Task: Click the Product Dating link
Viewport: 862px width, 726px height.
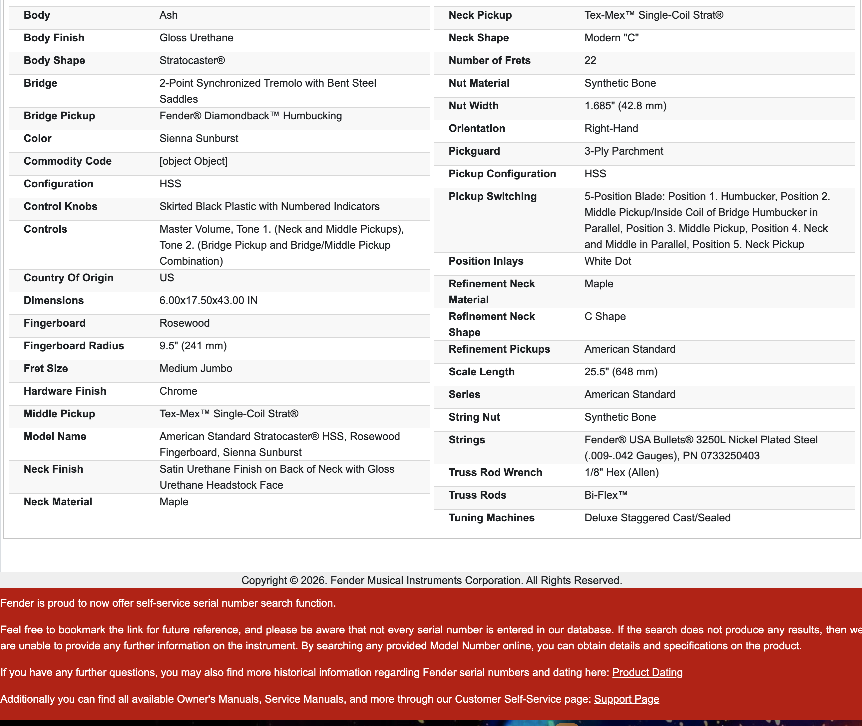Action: point(647,672)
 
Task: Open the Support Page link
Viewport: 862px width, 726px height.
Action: point(626,699)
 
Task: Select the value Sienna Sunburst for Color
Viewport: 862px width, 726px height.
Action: point(199,138)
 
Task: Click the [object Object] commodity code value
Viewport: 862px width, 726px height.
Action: point(193,161)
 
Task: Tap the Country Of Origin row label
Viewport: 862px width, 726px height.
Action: point(68,278)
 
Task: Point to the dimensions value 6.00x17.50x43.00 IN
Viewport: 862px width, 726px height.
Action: point(208,300)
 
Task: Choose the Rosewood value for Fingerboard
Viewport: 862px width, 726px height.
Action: point(184,323)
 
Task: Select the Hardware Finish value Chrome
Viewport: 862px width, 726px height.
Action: point(178,391)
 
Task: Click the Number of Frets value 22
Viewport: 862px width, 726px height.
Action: point(590,61)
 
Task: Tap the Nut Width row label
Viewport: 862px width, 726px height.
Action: point(473,106)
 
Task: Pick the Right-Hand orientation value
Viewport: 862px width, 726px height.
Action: point(611,128)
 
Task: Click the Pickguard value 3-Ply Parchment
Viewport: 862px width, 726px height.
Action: point(624,151)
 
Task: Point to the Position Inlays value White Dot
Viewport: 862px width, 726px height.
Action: point(608,261)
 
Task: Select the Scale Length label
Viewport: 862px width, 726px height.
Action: point(481,372)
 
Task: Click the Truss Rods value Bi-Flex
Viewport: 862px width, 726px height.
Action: point(606,495)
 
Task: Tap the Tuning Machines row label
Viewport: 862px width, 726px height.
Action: point(492,518)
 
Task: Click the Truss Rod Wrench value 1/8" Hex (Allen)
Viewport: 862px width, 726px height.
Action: point(622,472)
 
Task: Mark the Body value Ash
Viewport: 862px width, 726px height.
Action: point(168,15)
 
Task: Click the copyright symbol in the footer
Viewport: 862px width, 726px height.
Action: point(294,581)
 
